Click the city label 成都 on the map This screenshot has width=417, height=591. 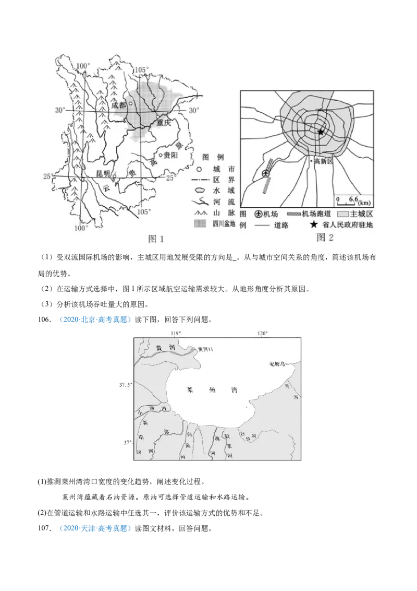(x=119, y=104)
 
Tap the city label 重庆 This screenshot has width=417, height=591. (x=163, y=124)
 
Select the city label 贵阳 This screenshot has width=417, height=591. (x=170, y=156)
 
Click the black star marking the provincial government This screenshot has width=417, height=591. (x=321, y=132)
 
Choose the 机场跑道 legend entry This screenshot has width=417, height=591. (x=310, y=214)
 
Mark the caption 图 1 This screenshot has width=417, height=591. (x=156, y=239)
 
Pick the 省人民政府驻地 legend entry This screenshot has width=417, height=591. (x=344, y=225)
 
